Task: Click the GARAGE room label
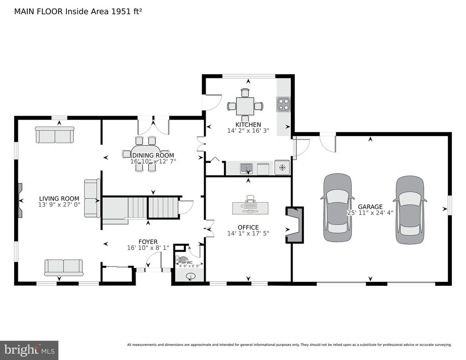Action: (x=370, y=207)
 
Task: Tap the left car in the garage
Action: (x=338, y=208)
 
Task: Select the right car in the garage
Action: (x=410, y=209)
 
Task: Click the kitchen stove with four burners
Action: (x=283, y=104)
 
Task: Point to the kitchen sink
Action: (x=246, y=168)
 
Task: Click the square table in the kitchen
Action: (x=245, y=106)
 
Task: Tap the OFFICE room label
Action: (x=248, y=228)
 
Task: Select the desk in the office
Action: (x=250, y=208)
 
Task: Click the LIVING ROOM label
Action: (x=59, y=198)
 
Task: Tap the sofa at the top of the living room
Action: (x=55, y=135)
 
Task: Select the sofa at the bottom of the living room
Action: (x=64, y=268)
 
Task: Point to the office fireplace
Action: (x=295, y=225)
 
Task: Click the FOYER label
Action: (x=148, y=242)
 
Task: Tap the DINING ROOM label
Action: (x=153, y=155)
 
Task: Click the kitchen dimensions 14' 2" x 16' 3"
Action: (x=248, y=131)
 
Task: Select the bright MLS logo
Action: (x=29, y=350)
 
